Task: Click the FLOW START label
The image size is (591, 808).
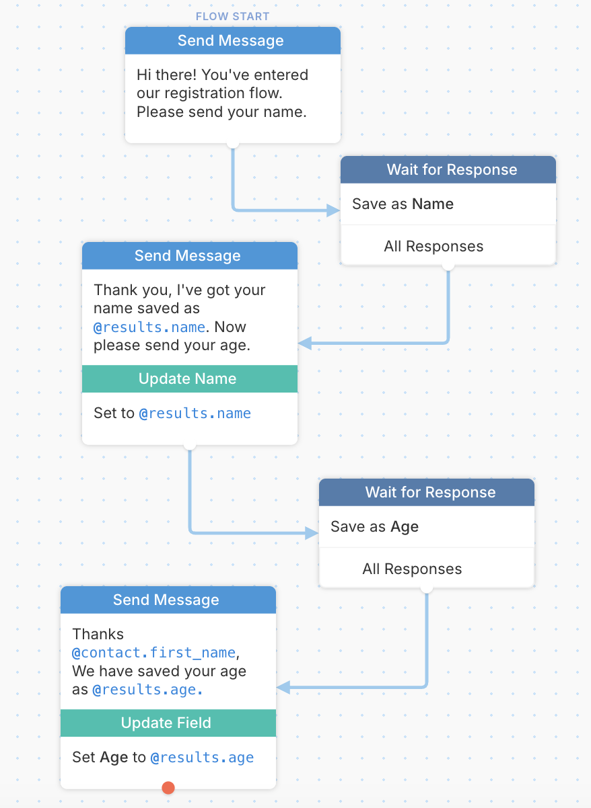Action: point(233,16)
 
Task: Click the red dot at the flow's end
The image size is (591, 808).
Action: point(168,788)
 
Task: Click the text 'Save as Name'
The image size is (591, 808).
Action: point(403,204)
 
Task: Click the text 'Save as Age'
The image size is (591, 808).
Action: point(375,526)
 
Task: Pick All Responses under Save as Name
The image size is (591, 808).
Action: point(433,247)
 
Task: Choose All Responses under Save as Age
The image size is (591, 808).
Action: point(412,569)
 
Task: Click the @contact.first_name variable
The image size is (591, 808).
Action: point(154,653)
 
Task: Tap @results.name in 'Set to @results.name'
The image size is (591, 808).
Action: point(195,413)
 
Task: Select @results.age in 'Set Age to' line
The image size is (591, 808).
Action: point(203,758)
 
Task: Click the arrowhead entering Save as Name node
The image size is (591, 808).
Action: point(333,210)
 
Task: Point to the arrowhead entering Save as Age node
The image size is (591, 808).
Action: point(312,533)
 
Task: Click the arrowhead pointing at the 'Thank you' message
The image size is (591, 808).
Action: point(305,343)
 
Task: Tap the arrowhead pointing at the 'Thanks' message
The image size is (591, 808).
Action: point(283,687)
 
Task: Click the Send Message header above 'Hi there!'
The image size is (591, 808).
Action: point(233,40)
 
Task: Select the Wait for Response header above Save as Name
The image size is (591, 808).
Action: point(448,169)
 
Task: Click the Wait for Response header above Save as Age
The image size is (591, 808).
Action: point(427,492)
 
